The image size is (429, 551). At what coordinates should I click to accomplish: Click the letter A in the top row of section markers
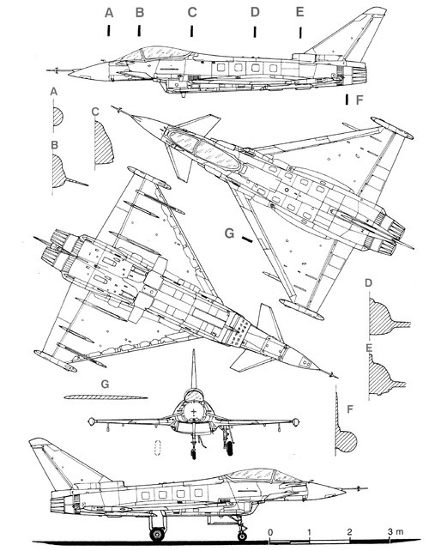coord(108,12)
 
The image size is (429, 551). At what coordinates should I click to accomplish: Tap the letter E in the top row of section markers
coord(299,12)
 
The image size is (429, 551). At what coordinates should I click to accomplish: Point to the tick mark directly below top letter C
coord(192,31)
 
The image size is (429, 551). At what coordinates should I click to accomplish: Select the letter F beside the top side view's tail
coord(359,100)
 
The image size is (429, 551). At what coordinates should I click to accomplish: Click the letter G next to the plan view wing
coord(228,233)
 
